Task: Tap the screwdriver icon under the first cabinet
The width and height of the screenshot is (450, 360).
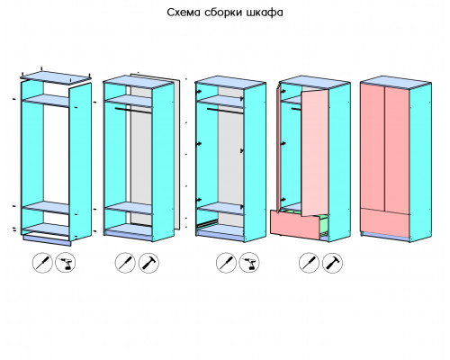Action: coord(42,263)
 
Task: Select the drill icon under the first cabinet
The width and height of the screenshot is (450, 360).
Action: coord(66,263)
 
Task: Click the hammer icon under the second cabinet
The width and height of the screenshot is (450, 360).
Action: coord(148,263)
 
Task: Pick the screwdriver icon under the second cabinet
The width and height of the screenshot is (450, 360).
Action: coord(125,263)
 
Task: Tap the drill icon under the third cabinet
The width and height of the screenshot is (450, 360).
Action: coord(249,263)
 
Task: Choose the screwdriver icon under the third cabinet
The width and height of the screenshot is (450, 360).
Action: coord(226,263)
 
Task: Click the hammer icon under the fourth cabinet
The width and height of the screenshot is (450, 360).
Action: coord(332,263)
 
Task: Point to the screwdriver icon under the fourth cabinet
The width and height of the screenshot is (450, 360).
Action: coord(309,263)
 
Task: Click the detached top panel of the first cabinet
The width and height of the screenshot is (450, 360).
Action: coord(56,76)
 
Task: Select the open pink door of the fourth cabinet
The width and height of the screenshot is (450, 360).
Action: coord(315,153)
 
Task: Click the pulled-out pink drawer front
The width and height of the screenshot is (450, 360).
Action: coord(295,224)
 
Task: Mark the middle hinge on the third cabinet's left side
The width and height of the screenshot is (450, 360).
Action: coord(199,144)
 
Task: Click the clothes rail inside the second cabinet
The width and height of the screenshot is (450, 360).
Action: coord(132,111)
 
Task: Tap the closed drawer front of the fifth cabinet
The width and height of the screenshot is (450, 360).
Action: coord(385,222)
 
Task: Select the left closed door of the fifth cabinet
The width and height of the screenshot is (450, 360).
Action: coord(373,147)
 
